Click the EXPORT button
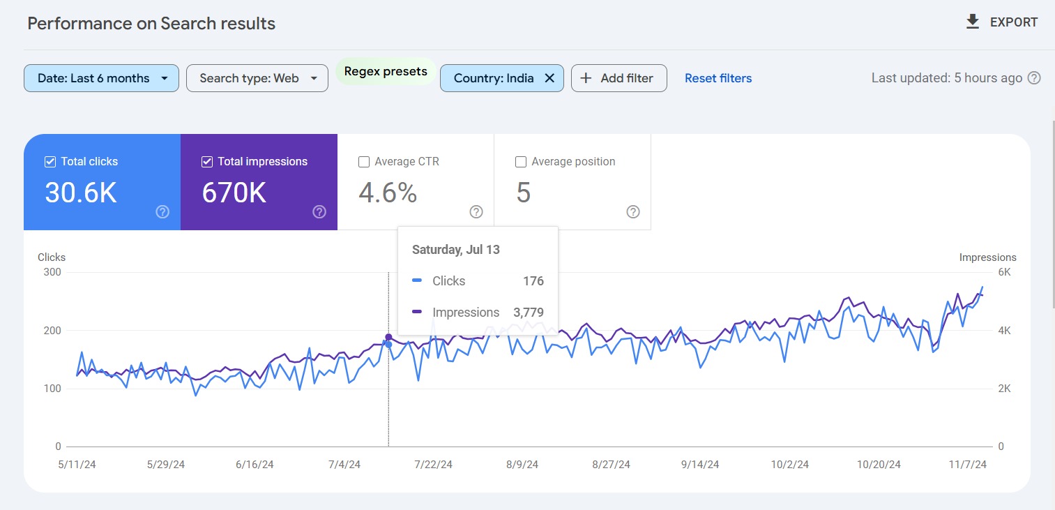(1001, 22)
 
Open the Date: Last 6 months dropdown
(101, 78)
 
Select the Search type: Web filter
(257, 78)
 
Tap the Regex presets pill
(386, 72)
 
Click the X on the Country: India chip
(549, 78)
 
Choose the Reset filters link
(718, 78)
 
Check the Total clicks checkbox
(50, 162)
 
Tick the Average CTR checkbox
(364, 162)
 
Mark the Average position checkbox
(520, 162)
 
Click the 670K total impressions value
(234, 193)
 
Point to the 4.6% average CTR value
(388, 193)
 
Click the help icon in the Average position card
(633, 212)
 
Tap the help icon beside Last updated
(1035, 78)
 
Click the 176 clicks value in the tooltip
(533, 281)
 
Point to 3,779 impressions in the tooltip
(529, 313)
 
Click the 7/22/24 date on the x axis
(434, 465)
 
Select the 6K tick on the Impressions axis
(1003, 272)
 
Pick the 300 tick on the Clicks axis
(52, 272)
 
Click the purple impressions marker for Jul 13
(388, 338)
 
